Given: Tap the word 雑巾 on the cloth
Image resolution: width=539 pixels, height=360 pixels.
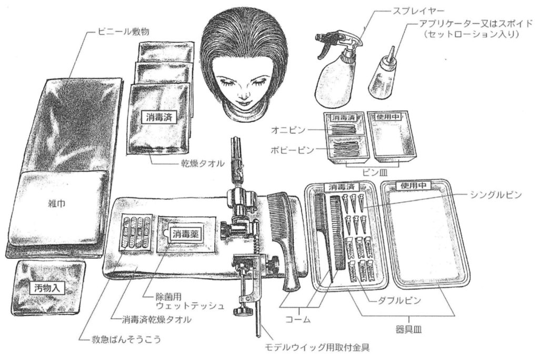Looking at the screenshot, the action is click(57, 204).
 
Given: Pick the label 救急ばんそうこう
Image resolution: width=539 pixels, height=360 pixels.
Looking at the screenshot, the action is click(126, 339).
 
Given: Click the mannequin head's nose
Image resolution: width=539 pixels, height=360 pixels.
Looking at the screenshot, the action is click(244, 93).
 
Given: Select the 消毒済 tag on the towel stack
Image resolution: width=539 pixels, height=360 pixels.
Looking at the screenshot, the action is click(159, 117).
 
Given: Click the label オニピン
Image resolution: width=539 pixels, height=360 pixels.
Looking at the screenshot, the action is click(288, 130).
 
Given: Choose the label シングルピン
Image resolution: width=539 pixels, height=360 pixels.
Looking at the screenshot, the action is click(496, 195).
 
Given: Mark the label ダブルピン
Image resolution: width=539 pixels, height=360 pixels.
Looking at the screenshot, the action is click(400, 301).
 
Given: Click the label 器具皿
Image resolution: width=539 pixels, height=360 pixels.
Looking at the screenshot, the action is click(408, 330).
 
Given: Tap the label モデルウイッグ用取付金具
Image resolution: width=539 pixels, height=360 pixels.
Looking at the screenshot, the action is click(316, 347).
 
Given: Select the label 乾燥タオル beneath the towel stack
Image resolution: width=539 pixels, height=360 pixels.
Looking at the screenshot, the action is click(203, 163).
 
